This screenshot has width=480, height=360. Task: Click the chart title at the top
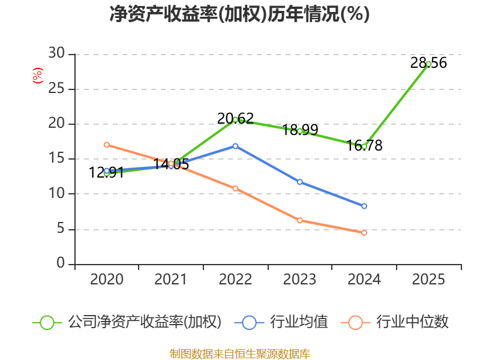coord(239,14)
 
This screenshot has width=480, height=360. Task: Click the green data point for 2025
coord(428,64)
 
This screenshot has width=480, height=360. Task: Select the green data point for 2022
coord(235,119)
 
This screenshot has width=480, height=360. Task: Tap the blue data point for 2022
coord(235,146)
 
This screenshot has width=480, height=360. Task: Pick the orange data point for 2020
coord(106,145)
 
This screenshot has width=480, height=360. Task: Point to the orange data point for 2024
coord(364,233)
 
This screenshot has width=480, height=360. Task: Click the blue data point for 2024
coord(364,206)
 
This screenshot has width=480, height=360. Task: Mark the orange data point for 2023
coord(299,220)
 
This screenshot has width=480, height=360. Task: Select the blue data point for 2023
coord(299,182)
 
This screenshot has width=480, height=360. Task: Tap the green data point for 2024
coord(364,146)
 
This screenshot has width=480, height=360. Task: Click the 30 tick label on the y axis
coord(56,54)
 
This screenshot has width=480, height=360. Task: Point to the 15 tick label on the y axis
coord(56,159)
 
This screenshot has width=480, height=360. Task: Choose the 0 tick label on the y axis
coord(61,264)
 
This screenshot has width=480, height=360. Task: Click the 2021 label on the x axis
coord(170,280)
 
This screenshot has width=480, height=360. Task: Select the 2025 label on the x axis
coord(428,280)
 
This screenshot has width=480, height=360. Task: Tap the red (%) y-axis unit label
coord(38,76)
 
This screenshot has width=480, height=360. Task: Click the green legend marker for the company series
coord(47,322)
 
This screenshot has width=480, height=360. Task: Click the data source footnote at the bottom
coord(239,353)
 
